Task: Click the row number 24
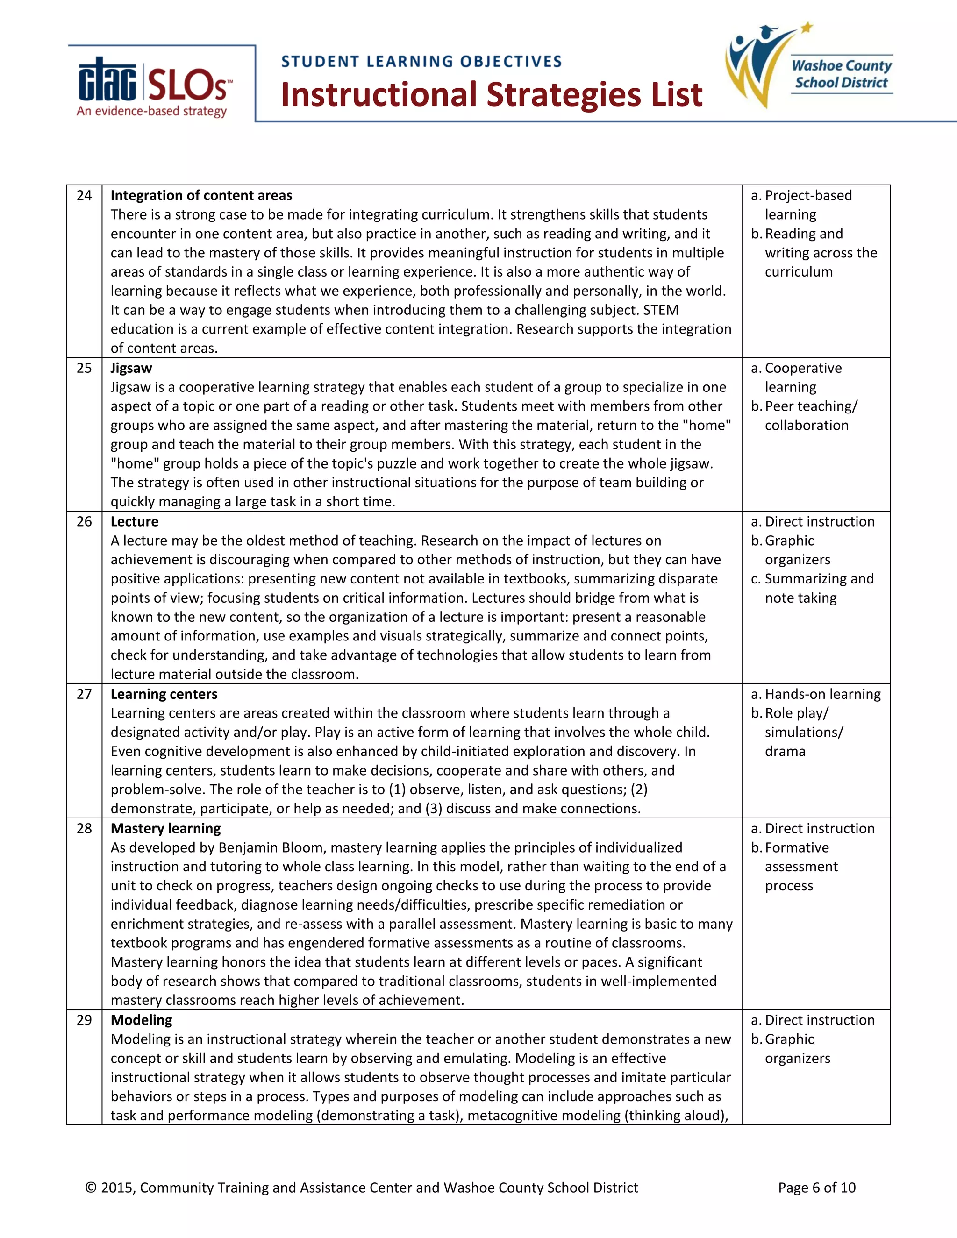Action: click(x=84, y=196)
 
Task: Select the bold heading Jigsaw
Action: click(x=131, y=369)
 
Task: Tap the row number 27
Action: click(x=84, y=694)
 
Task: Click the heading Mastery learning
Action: click(x=165, y=829)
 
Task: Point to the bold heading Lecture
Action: click(x=135, y=521)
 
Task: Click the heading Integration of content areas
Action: click(x=201, y=196)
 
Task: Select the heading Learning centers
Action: click(x=164, y=694)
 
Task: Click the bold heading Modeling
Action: click(x=141, y=1020)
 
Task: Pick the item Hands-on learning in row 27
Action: click(x=822, y=694)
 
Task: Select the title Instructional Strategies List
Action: click(x=492, y=95)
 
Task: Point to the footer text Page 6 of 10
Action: click(x=816, y=1188)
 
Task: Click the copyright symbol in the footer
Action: click(x=91, y=1188)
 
